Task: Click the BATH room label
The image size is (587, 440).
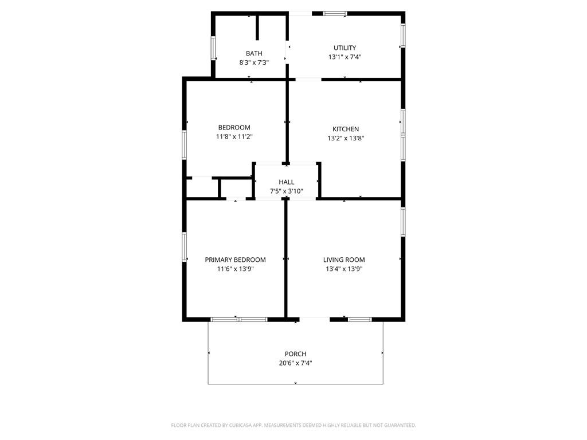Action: coord(254,53)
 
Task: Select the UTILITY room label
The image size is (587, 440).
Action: coord(345,48)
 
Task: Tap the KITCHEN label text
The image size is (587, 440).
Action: coord(346,129)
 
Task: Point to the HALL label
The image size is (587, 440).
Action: coord(287,182)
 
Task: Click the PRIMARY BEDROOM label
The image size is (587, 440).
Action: coord(235,260)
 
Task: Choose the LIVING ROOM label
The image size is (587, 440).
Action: coord(344,260)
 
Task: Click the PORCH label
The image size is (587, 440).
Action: coord(295,353)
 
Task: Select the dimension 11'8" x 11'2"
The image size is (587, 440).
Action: coord(234,137)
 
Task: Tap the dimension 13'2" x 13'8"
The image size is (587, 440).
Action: coord(346,138)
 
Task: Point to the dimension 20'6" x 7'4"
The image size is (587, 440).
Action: coord(295,363)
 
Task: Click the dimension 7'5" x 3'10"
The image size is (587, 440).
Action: coord(287,191)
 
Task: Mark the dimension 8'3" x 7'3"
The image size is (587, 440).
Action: coord(254,62)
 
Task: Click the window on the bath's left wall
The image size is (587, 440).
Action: coord(213,48)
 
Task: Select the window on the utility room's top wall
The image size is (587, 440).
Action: coord(335,13)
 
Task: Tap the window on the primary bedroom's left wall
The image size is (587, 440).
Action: coord(185,246)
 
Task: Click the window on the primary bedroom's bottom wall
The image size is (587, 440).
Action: coord(238,319)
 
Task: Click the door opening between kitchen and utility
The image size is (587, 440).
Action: coord(308,79)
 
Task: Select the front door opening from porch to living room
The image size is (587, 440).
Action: coord(314,319)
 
